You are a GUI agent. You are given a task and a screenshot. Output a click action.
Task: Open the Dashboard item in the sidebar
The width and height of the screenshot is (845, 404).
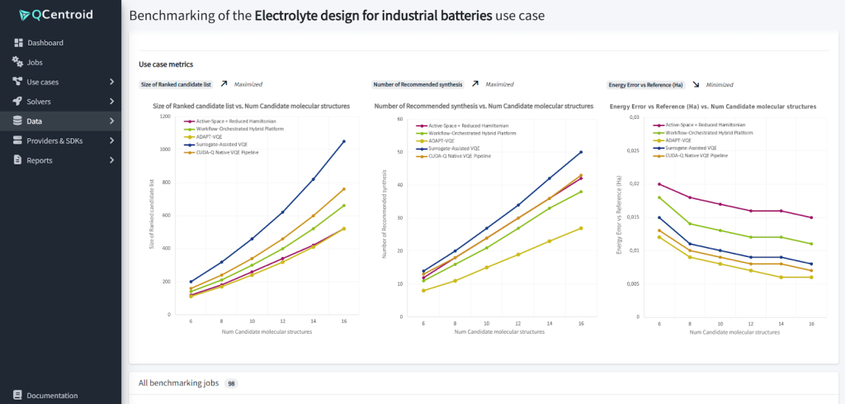point(45,43)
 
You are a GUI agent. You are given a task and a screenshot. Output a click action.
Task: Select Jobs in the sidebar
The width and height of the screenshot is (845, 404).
point(34,62)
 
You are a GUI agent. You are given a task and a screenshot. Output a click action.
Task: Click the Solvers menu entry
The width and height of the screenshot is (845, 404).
point(38,102)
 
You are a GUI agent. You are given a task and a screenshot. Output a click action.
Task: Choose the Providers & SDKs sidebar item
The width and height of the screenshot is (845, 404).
point(57,140)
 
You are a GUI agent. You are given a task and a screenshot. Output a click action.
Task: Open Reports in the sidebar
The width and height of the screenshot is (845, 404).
point(40,160)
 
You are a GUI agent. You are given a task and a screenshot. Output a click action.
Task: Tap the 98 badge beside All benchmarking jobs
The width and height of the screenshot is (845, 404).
point(232,383)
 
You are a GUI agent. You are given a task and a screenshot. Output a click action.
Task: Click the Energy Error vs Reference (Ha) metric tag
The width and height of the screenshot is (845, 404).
point(645,84)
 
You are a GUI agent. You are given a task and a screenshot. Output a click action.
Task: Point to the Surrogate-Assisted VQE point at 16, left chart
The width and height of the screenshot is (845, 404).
point(343,141)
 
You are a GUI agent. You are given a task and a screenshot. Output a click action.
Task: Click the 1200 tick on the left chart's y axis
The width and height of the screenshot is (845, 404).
point(165,116)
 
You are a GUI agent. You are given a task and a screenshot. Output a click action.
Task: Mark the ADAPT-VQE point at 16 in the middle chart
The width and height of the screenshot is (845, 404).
point(581,228)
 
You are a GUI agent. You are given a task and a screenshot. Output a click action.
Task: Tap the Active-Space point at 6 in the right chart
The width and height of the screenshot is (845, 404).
point(659,184)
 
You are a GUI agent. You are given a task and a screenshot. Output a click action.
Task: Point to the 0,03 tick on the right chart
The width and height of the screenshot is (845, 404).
point(634,117)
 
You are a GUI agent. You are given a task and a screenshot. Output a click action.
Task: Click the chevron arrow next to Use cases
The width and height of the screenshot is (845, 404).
point(111,82)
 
